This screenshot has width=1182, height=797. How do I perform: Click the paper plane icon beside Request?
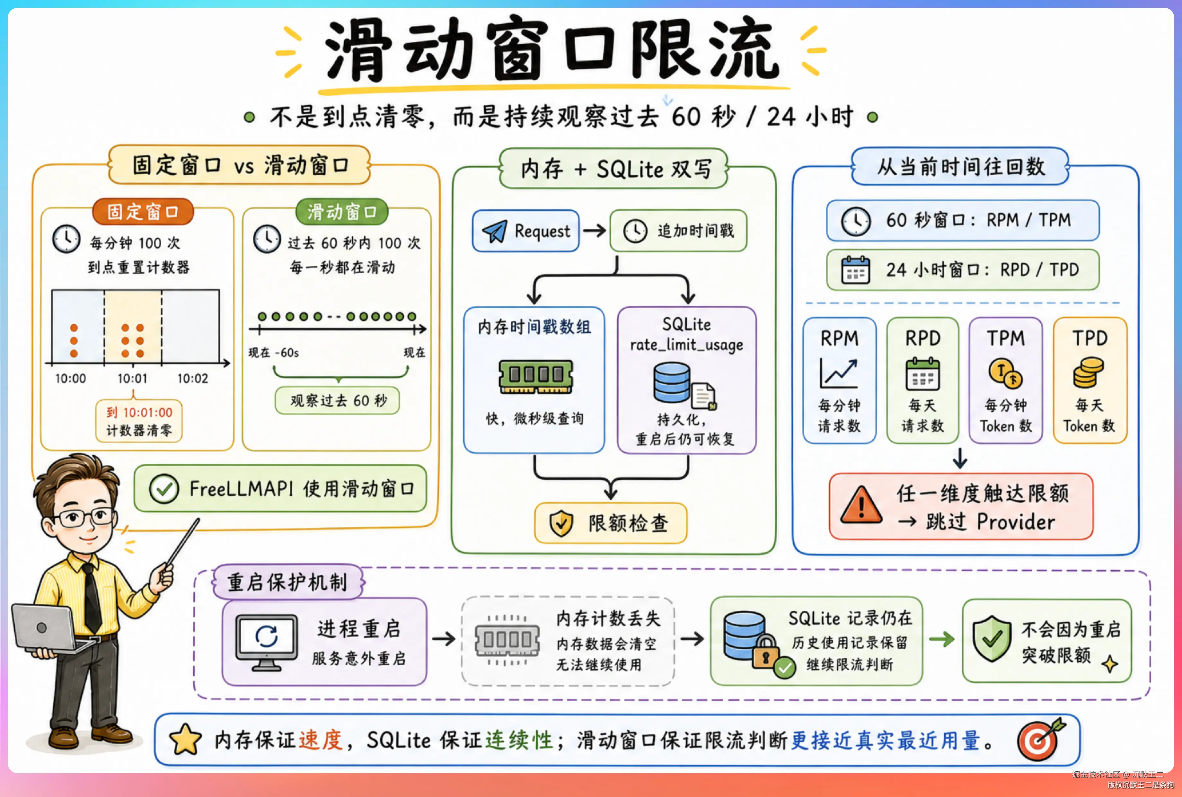(x=494, y=231)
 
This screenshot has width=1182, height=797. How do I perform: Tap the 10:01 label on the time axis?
(x=132, y=379)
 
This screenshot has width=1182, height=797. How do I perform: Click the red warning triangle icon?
(x=861, y=505)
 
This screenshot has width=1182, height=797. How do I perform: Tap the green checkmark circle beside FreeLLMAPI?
(x=164, y=489)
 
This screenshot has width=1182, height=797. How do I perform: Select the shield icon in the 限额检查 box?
(x=561, y=523)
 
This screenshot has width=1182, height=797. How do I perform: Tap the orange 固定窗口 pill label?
(x=143, y=211)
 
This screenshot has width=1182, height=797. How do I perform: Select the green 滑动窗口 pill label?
(x=342, y=211)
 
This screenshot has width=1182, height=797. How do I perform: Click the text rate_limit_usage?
(x=686, y=345)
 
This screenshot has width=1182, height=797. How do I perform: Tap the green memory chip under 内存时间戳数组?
(x=536, y=377)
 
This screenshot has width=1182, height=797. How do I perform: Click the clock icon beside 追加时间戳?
(x=635, y=231)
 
